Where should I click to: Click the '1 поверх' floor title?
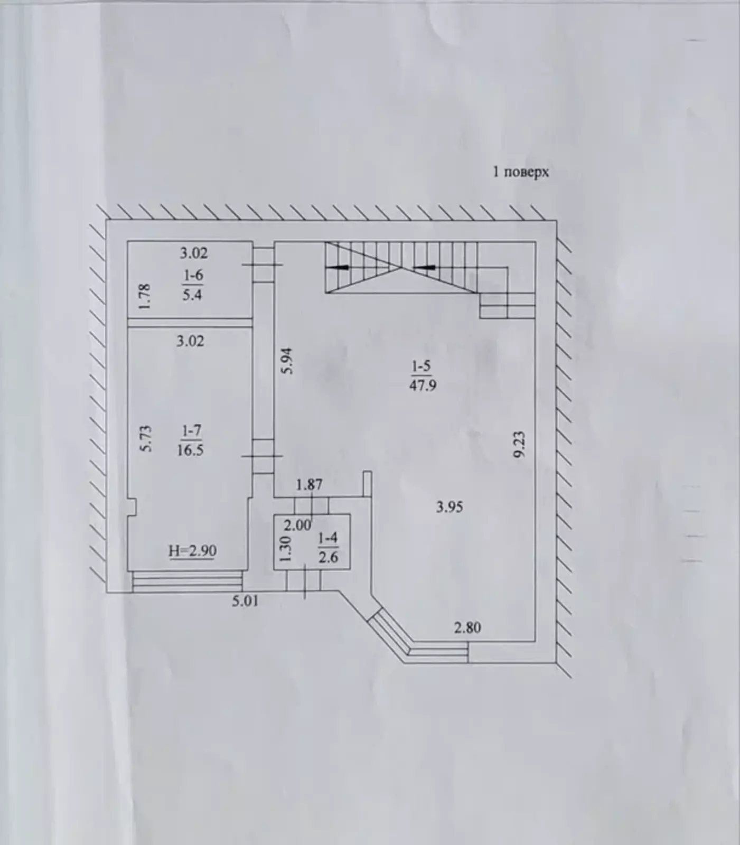[521, 172]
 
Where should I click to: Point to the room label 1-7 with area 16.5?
[191, 440]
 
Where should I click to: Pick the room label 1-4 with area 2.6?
[328, 548]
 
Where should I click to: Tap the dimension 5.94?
[287, 361]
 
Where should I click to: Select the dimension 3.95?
[449, 508]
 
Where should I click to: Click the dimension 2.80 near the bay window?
[467, 628]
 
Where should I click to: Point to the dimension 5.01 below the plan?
[245, 601]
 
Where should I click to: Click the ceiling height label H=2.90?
[193, 551]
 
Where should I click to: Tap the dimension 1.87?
[309, 484]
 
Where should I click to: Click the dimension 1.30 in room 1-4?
[286, 549]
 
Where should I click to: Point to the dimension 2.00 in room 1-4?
[297, 526]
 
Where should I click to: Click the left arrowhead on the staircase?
[343, 267]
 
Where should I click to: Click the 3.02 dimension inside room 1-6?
[194, 253]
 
